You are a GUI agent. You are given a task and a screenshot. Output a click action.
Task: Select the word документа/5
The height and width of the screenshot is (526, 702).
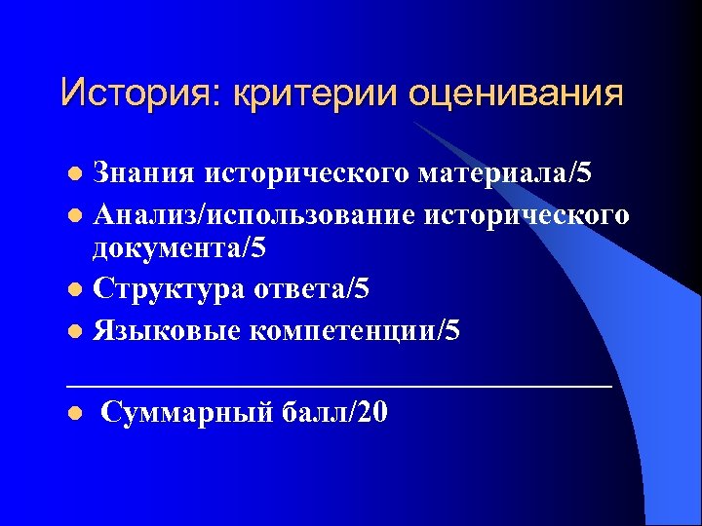coord(178,248)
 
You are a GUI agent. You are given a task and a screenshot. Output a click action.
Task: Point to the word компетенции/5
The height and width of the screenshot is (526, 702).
coord(355,331)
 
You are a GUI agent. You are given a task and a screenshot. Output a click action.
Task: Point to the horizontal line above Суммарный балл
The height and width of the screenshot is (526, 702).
coord(339,386)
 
